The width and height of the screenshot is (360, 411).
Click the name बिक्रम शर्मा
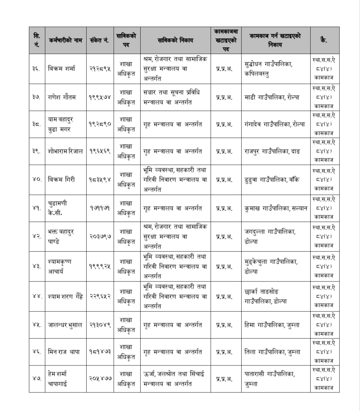point(62,69)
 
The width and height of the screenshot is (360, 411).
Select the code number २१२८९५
point(100,69)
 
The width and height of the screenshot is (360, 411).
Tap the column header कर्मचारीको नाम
point(65,40)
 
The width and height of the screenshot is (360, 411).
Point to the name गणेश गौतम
point(62,97)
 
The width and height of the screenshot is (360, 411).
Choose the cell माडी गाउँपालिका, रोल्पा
point(272,97)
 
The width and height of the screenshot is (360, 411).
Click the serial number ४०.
point(37,179)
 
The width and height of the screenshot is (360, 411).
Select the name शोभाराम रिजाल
point(65,151)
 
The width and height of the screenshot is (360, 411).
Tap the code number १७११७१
point(100,208)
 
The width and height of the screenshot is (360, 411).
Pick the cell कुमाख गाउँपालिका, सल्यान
point(276,208)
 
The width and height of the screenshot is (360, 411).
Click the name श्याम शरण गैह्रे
point(66,296)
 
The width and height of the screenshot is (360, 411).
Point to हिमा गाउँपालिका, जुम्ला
point(272,325)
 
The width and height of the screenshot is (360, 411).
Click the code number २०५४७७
point(100,379)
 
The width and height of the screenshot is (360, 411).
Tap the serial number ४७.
point(37,379)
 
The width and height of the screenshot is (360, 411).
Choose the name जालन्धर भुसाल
point(65,325)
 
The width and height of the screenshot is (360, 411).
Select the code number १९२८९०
point(100,124)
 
